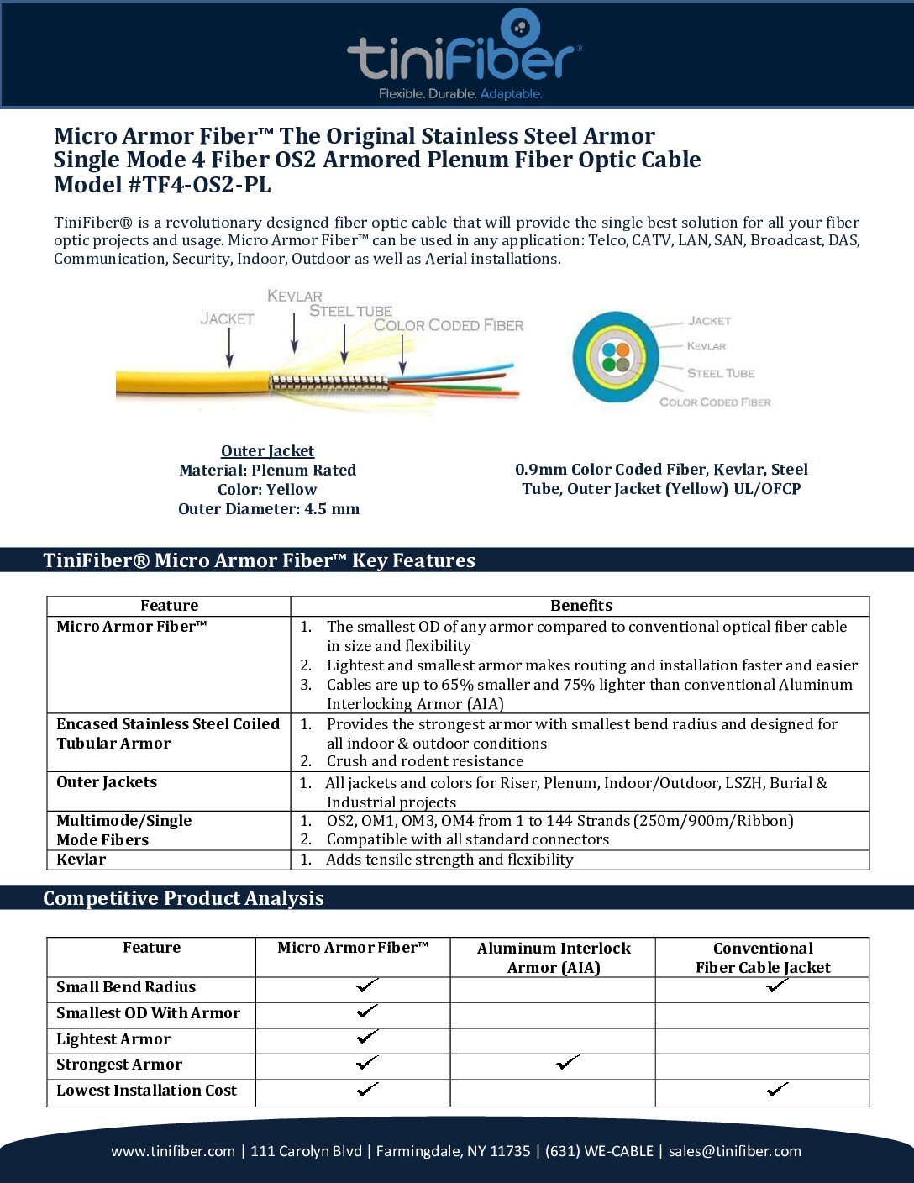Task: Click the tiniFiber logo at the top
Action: (x=463, y=55)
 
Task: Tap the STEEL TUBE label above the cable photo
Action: (x=350, y=311)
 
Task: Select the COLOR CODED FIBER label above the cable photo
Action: (x=449, y=325)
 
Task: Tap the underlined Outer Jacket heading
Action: (x=267, y=451)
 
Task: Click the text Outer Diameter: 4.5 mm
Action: (x=269, y=509)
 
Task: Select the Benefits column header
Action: (x=580, y=606)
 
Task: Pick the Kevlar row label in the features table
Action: (x=81, y=860)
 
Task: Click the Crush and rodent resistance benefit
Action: (x=424, y=761)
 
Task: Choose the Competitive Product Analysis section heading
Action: (x=183, y=898)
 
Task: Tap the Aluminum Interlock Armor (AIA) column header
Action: (x=554, y=958)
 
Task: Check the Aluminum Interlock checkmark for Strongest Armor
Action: (x=568, y=1064)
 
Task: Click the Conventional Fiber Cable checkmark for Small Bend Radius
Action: (x=777, y=986)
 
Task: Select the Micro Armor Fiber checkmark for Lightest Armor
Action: (x=367, y=1038)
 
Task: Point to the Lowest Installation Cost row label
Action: (x=147, y=1091)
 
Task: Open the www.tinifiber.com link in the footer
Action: (x=173, y=1151)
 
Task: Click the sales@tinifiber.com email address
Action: (x=734, y=1151)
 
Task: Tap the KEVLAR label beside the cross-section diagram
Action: (x=707, y=346)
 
